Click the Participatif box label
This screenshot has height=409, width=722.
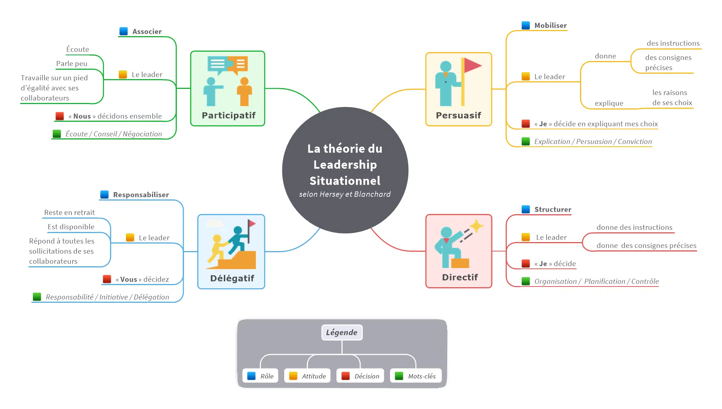pyautogui.click(x=228, y=116)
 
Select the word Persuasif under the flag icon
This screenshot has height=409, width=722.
pyautogui.click(x=458, y=116)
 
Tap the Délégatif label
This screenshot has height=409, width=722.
pyautogui.click(x=232, y=279)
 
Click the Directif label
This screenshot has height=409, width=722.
pyautogui.click(x=460, y=277)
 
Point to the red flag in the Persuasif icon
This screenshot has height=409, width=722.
pyautogui.click(x=472, y=65)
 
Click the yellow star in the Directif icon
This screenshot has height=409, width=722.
pyautogui.click(x=476, y=226)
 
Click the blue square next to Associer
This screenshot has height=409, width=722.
pyautogui.click(x=123, y=31)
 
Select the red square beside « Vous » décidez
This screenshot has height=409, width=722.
pyautogui.click(x=107, y=279)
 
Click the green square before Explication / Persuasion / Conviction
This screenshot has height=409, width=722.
pyautogui.click(x=526, y=142)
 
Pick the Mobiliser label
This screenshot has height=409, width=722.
pyautogui.click(x=550, y=26)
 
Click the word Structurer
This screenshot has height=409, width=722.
pyautogui.click(x=553, y=210)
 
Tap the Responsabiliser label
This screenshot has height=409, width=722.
pyautogui.click(x=141, y=195)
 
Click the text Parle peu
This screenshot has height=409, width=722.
pyautogui.click(x=71, y=64)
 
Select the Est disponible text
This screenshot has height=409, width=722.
pyautogui.click(x=71, y=227)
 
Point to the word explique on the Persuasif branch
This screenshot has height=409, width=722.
pyautogui.click(x=609, y=103)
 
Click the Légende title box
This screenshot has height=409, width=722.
pyautogui.click(x=342, y=332)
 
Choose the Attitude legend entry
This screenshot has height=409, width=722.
pyautogui.click(x=308, y=376)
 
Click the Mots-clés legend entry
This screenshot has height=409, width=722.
pyautogui.click(x=416, y=376)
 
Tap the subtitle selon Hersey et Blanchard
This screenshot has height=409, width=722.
pyautogui.click(x=345, y=194)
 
